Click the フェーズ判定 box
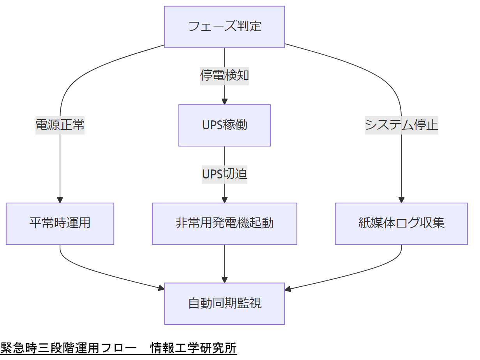pos(224,27)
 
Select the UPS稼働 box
pos(224,125)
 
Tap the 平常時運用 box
pos(60,223)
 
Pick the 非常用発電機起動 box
pos(224,223)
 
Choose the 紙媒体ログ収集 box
pos(401,223)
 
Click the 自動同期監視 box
pos(224,304)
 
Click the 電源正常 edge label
pos(60,125)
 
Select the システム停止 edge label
pos(401,125)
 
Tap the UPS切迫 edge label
pos(224,174)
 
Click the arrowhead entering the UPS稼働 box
pos(224,101)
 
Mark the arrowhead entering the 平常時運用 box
pos(60,199)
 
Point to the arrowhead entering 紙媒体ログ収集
pos(401,199)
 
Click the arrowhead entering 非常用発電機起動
pos(224,199)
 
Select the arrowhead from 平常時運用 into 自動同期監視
pos(161,288)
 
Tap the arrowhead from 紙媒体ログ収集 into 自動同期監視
pos(288,289)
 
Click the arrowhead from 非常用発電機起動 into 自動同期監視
pos(224,279)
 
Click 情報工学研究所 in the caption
pos(194,348)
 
